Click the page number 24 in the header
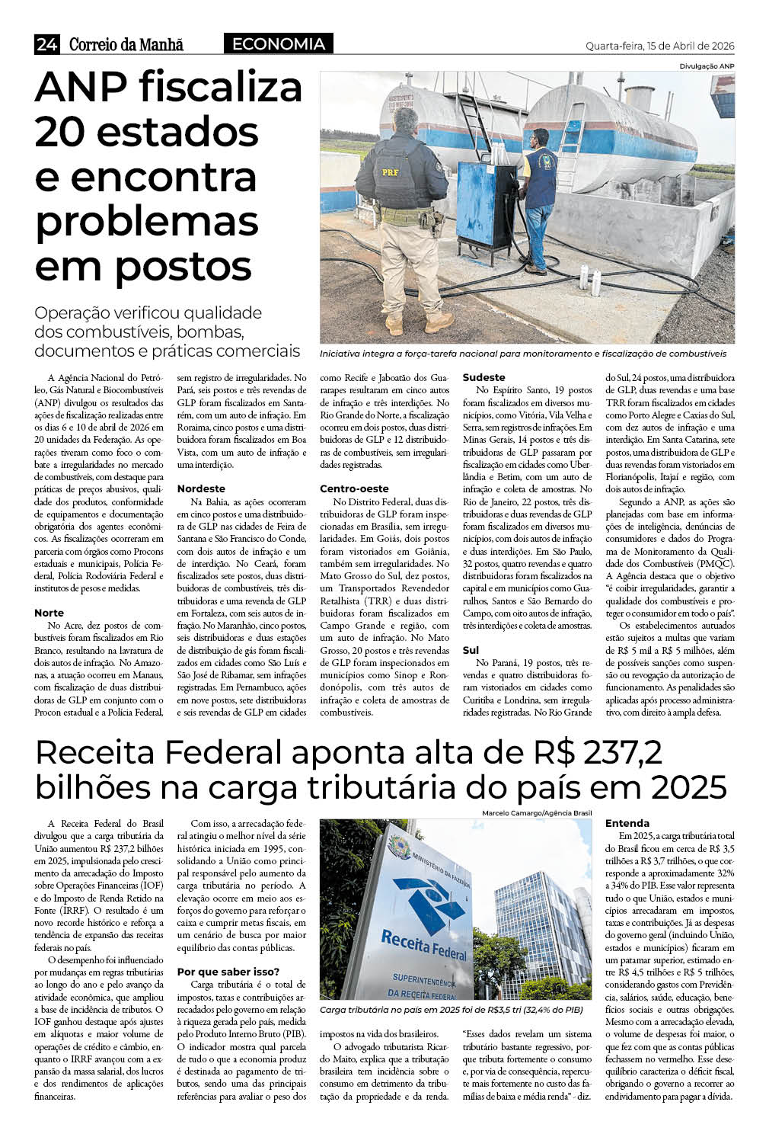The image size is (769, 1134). [46, 45]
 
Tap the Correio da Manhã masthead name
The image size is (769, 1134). [126, 45]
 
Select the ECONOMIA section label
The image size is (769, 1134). [278, 44]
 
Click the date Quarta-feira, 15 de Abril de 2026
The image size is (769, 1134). [659, 46]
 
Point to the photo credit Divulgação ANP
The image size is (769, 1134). [707, 66]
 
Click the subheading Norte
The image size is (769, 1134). [49, 613]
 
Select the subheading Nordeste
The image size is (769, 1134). [201, 489]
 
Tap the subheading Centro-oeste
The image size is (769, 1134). [354, 489]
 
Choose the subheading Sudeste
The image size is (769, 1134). [483, 377]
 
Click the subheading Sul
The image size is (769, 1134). [471, 650]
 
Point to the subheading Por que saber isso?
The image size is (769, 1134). [228, 972]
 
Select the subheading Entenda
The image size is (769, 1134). [627, 823]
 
